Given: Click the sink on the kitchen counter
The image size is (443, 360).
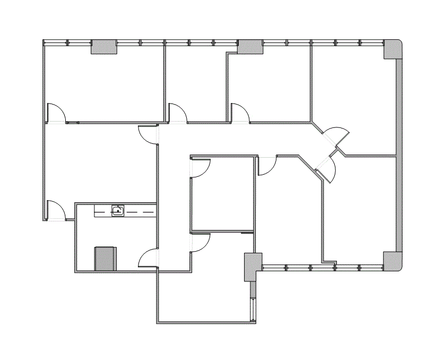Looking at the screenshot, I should click(118, 211).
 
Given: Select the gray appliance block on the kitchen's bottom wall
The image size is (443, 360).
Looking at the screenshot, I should click(105, 259).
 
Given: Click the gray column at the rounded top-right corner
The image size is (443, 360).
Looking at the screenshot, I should click(392, 50).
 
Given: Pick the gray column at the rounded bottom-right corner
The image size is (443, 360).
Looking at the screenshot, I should click(392, 260).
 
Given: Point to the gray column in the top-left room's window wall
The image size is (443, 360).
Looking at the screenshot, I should click(104, 47).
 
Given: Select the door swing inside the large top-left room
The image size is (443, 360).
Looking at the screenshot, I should click(56, 112).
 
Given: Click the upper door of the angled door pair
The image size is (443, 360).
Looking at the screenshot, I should click(338, 136).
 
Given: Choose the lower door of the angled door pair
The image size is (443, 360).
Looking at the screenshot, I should click(328, 171).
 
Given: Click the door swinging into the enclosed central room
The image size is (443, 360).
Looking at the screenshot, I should click(201, 168).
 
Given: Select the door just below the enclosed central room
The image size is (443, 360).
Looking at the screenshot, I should click(201, 243).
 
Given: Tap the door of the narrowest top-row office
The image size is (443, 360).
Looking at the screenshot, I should click(177, 113).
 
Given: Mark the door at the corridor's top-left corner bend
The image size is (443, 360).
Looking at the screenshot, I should click(148, 134).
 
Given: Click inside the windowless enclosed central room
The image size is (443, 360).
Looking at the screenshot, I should click(223, 196).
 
